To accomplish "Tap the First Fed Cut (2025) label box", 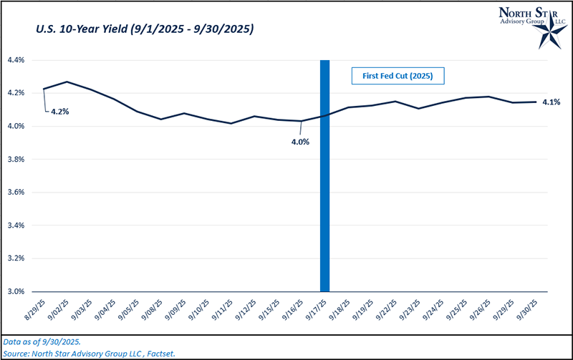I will pyautogui.click(x=398, y=75).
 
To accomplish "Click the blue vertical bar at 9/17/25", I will pyautogui.click(x=325, y=175).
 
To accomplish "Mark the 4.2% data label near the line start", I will pyautogui.click(x=59, y=112).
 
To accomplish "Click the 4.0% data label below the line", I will pyautogui.click(x=299, y=141).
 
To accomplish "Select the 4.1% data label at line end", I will pyautogui.click(x=551, y=102).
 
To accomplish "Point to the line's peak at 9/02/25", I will pyautogui.click(x=67, y=82).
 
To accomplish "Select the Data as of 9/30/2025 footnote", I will pyautogui.click(x=41, y=342).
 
